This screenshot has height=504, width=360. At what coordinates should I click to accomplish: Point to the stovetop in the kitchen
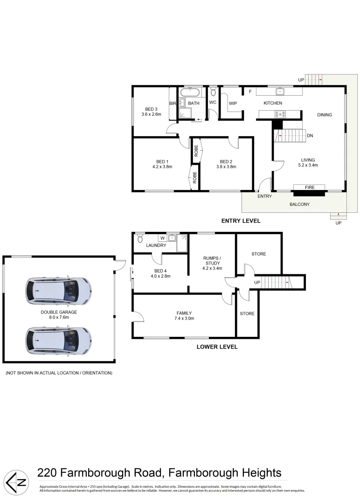[280, 113]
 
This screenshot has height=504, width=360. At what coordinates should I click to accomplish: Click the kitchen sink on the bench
[282, 91]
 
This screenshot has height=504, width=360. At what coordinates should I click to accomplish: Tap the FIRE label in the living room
[310, 187]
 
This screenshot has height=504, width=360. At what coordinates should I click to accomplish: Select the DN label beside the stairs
[310, 136]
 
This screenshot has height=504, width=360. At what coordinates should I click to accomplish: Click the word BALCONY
[299, 204]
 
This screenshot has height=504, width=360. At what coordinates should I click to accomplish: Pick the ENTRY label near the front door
[264, 196]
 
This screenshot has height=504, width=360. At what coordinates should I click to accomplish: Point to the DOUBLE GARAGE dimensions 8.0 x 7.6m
[59, 317]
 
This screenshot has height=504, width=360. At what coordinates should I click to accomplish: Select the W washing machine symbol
[163, 238]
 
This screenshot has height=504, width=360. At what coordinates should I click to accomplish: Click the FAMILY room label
[184, 313]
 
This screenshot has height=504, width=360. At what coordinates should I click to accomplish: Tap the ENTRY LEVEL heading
[241, 221]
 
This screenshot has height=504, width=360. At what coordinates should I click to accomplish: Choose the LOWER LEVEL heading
[217, 347]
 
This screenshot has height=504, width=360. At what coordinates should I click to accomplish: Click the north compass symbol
[16, 481]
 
